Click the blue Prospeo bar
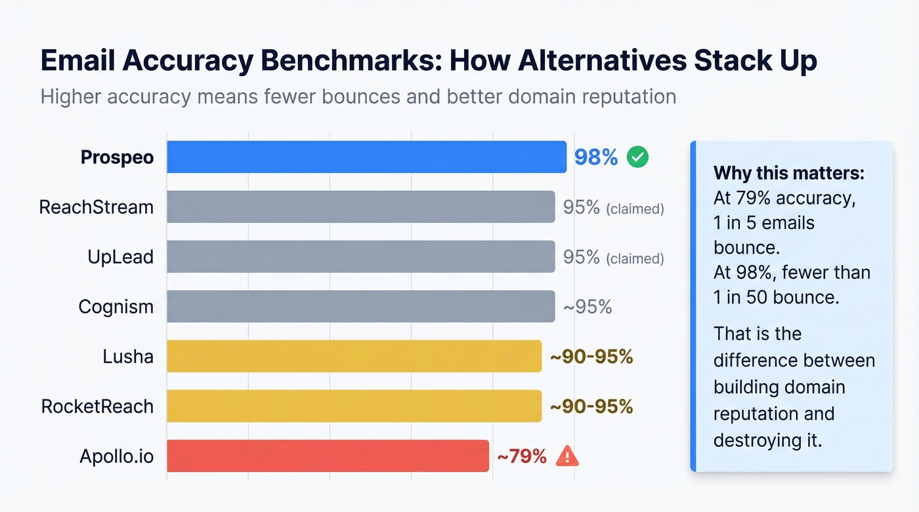366,157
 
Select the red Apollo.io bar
328,456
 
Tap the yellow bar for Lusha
354,357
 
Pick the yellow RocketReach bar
354,406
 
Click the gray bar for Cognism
360,307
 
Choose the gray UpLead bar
360,257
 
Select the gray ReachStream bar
360,207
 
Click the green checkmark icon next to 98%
637,157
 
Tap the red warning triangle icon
566,456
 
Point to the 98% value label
596,157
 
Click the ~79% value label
522,456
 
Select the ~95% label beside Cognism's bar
588,307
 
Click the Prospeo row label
117,157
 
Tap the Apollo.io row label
117,456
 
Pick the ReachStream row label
96,207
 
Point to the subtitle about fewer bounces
358,97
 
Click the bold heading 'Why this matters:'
789,173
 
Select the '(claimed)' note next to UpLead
635,259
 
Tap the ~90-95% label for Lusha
591,357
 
